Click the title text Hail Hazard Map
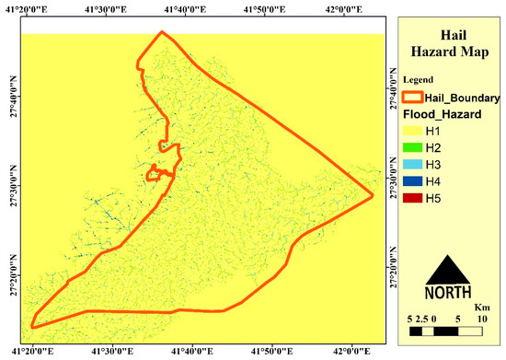click(450, 37)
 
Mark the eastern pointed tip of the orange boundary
click(372, 195)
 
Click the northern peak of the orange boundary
click(162, 33)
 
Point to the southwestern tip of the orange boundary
click(33, 324)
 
